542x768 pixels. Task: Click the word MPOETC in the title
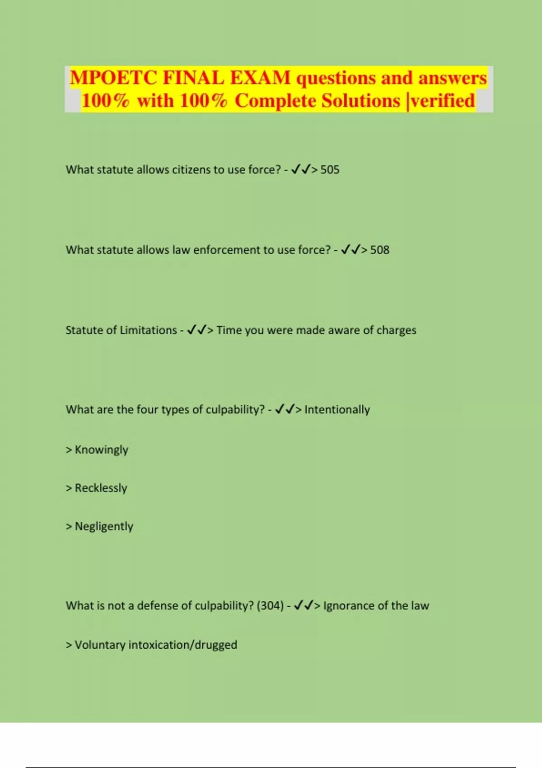click(113, 78)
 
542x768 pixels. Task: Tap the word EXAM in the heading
click(260, 78)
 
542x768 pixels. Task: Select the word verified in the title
click(443, 100)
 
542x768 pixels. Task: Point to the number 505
click(330, 170)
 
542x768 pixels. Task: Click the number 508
click(379, 250)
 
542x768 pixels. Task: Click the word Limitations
click(148, 330)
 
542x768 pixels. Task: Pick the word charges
click(396, 330)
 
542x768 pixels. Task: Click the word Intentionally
click(337, 410)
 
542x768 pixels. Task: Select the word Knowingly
click(101, 450)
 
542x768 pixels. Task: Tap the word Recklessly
click(101, 488)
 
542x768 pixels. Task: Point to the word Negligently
click(104, 527)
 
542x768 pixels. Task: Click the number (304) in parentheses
click(270, 606)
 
